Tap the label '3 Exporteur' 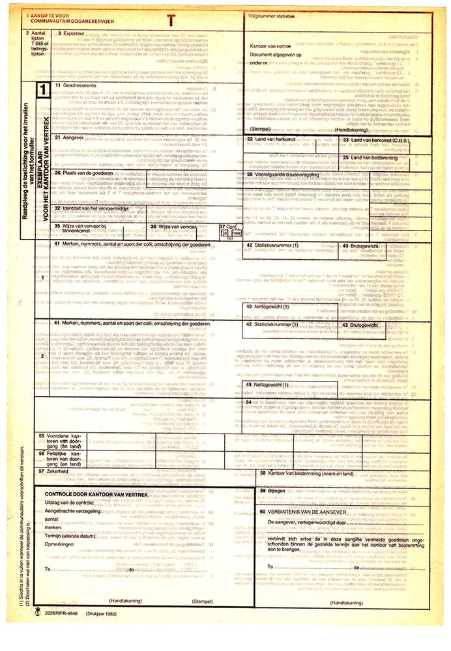(x=70, y=33)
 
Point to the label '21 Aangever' (x=70, y=138)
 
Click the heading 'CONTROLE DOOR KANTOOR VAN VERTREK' (x=96, y=495)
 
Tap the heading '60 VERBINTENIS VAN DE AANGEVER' (x=305, y=512)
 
